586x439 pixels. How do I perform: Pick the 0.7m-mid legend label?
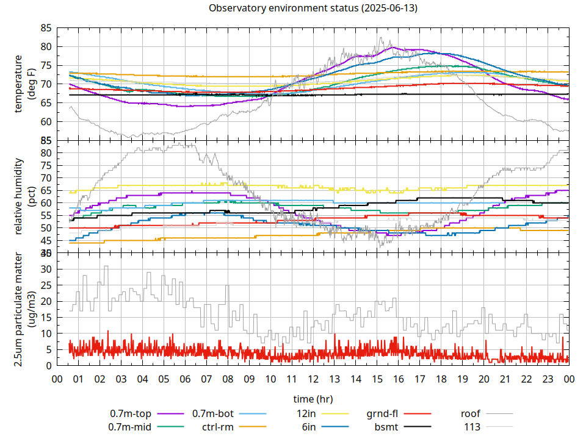coord(130,427)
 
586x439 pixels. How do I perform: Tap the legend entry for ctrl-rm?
coord(218,427)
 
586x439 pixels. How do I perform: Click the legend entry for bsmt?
coord(386,427)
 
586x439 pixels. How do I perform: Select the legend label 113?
coord(472,427)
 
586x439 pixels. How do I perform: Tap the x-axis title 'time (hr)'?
coord(313,399)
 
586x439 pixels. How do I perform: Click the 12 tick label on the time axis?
coord(313,379)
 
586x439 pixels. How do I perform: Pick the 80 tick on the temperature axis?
coord(46,47)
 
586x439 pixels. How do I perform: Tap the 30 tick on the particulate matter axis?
coord(46,269)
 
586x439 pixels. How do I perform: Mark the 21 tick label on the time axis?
coord(505,379)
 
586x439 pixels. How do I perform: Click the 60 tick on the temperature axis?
coord(46,121)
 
